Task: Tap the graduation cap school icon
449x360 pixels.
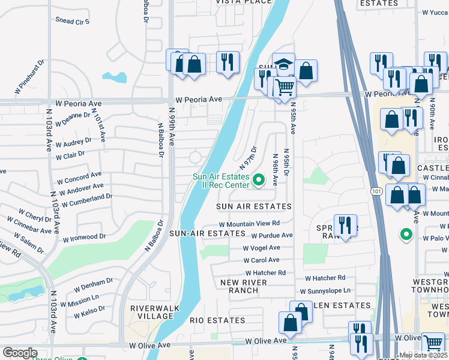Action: click(x=284, y=63)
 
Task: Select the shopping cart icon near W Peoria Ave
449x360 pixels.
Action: click(x=285, y=87)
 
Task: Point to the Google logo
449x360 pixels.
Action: click(x=20, y=352)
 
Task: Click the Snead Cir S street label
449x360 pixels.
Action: click(x=73, y=22)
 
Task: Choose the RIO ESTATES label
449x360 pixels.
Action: click(x=217, y=320)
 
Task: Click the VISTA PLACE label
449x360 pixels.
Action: click(x=243, y=2)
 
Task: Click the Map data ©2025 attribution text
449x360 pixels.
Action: click(x=423, y=355)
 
